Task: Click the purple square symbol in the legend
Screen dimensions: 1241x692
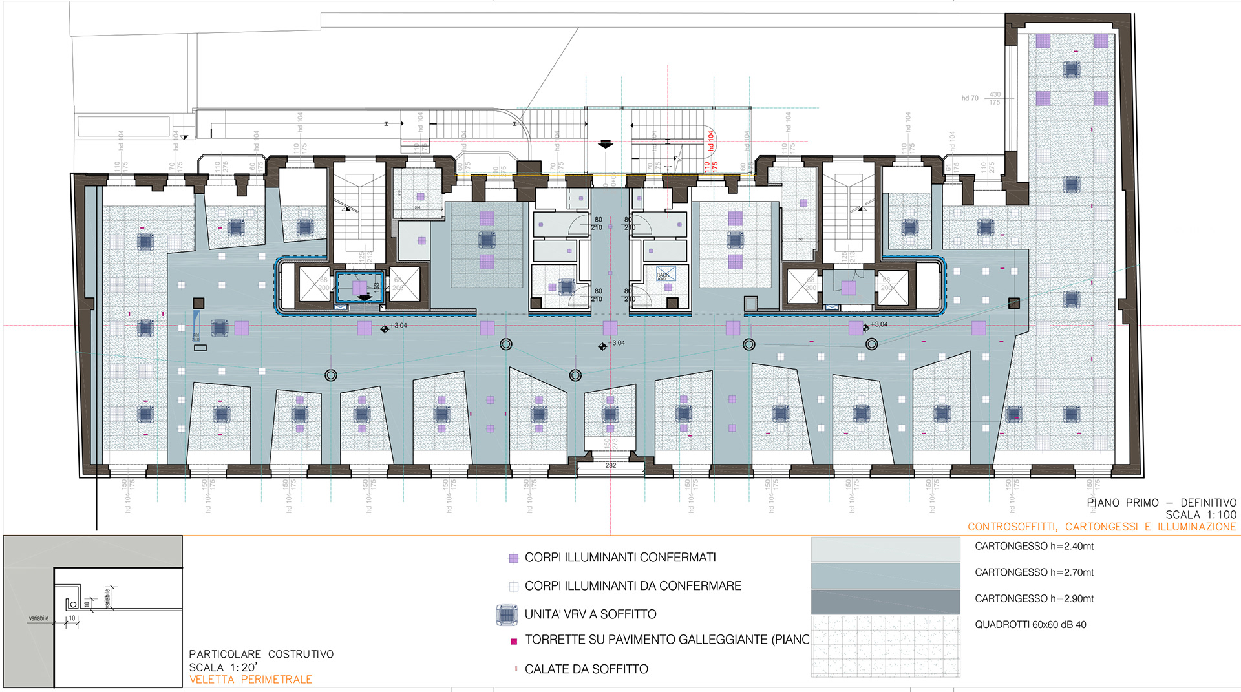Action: click(514, 558)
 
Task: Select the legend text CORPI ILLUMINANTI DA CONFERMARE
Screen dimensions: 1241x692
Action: click(633, 586)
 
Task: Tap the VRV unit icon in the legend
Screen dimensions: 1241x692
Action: click(507, 615)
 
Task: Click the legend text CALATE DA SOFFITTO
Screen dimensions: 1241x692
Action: click(586, 669)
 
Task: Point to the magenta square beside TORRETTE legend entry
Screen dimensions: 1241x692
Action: click(514, 642)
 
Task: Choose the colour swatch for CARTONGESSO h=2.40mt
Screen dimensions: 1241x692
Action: click(886, 550)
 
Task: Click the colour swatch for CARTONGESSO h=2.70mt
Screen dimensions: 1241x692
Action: click(886, 576)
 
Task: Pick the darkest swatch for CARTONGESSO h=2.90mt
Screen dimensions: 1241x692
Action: click(886, 602)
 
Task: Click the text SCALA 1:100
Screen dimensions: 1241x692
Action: click(1201, 515)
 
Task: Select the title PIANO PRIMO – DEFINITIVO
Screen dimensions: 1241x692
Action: click(1161, 503)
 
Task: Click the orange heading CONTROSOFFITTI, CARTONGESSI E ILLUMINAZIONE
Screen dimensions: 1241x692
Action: click(1102, 527)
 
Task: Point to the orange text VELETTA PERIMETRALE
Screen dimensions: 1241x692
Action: click(251, 680)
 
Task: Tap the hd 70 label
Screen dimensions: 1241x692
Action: click(970, 98)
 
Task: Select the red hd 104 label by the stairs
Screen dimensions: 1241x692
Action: click(710, 140)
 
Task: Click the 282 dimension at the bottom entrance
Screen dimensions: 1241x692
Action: click(610, 465)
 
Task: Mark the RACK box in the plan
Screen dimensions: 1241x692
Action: click(665, 273)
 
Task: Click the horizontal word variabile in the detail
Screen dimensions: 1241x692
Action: click(39, 618)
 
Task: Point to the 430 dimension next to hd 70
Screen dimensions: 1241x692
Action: click(995, 94)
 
